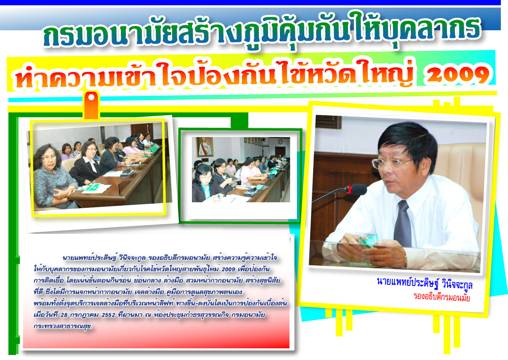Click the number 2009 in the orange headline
coord(457,75)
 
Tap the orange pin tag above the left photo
coord(91,105)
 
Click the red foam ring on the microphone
coord(348,189)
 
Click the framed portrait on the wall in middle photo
coord(205,147)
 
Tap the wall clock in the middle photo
coord(281,142)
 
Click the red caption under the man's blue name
coord(442,297)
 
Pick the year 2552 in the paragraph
coord(108,315)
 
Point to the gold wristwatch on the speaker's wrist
coord(405,261)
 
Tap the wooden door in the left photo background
coord(142,130)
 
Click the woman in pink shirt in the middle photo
coord(248,172)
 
